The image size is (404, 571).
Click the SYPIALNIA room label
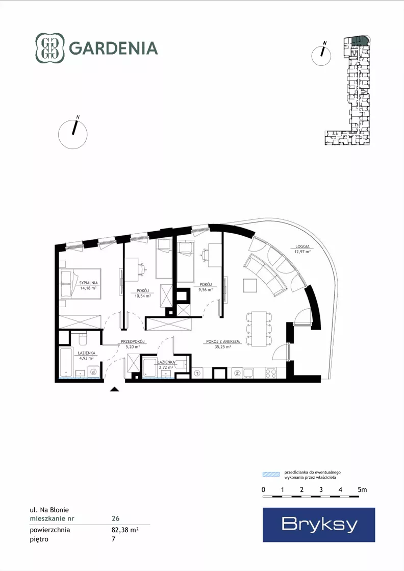[x=88, y=283]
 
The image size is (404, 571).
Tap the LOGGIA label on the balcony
[x=302, y=246]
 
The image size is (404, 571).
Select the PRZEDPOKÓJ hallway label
[x=133, y=341]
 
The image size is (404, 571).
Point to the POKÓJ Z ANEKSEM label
[x=223, y=341]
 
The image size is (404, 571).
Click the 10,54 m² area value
[x=143, y=296]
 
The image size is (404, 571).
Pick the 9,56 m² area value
[x=206, y=290]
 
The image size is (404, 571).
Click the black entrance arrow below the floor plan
[x=115, y=389]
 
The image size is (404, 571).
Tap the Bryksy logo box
[x=319, y=525]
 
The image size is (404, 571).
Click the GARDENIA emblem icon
[x=50, y=48]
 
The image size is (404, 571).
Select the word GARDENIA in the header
[x=113, y=48]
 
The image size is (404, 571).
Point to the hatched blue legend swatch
[x=271, y=474]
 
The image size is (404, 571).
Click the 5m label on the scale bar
[x=362, y=489]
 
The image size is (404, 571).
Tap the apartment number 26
[x=115, y=518]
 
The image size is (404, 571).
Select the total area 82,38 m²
[x=125, y=530]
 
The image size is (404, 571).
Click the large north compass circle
[x=73, y=134]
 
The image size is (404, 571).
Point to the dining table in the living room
[x=259, y=329]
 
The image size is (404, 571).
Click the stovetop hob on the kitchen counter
[x=271, y=373]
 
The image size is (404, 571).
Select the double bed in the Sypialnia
[x=80, y=284]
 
